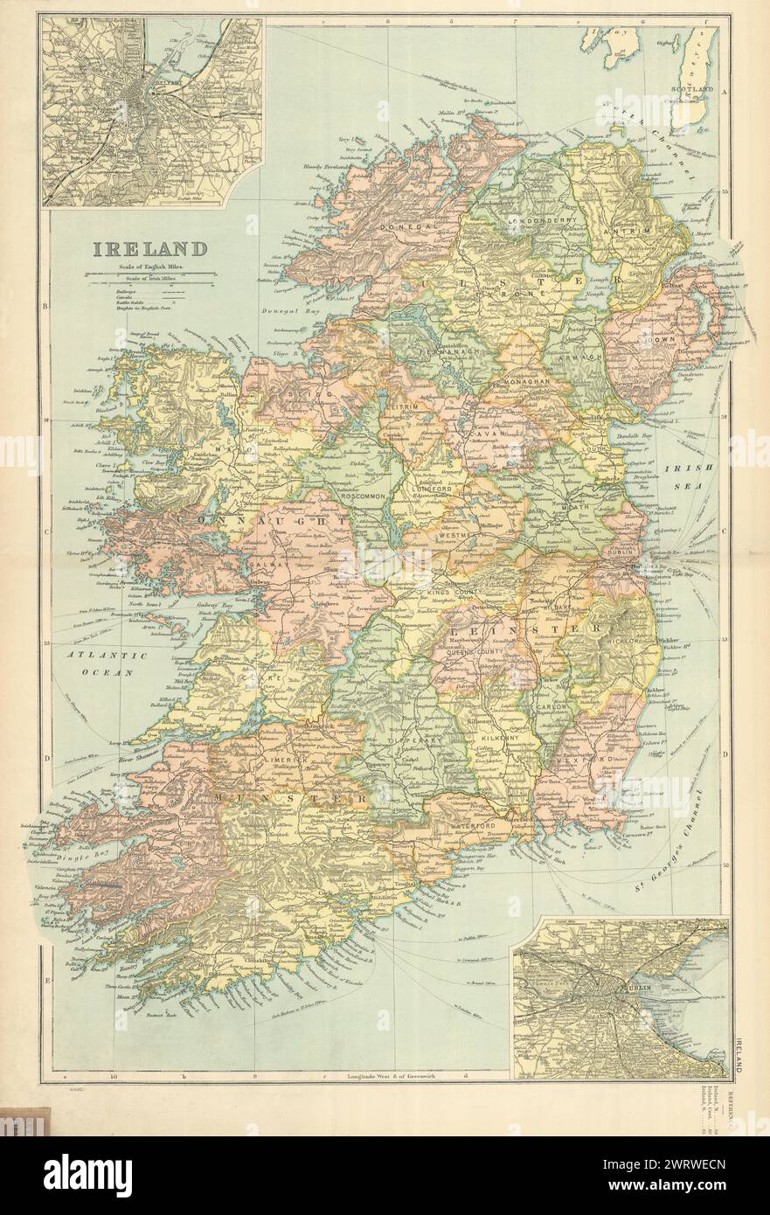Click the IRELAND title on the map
150,248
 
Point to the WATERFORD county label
474,825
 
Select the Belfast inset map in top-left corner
151,112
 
